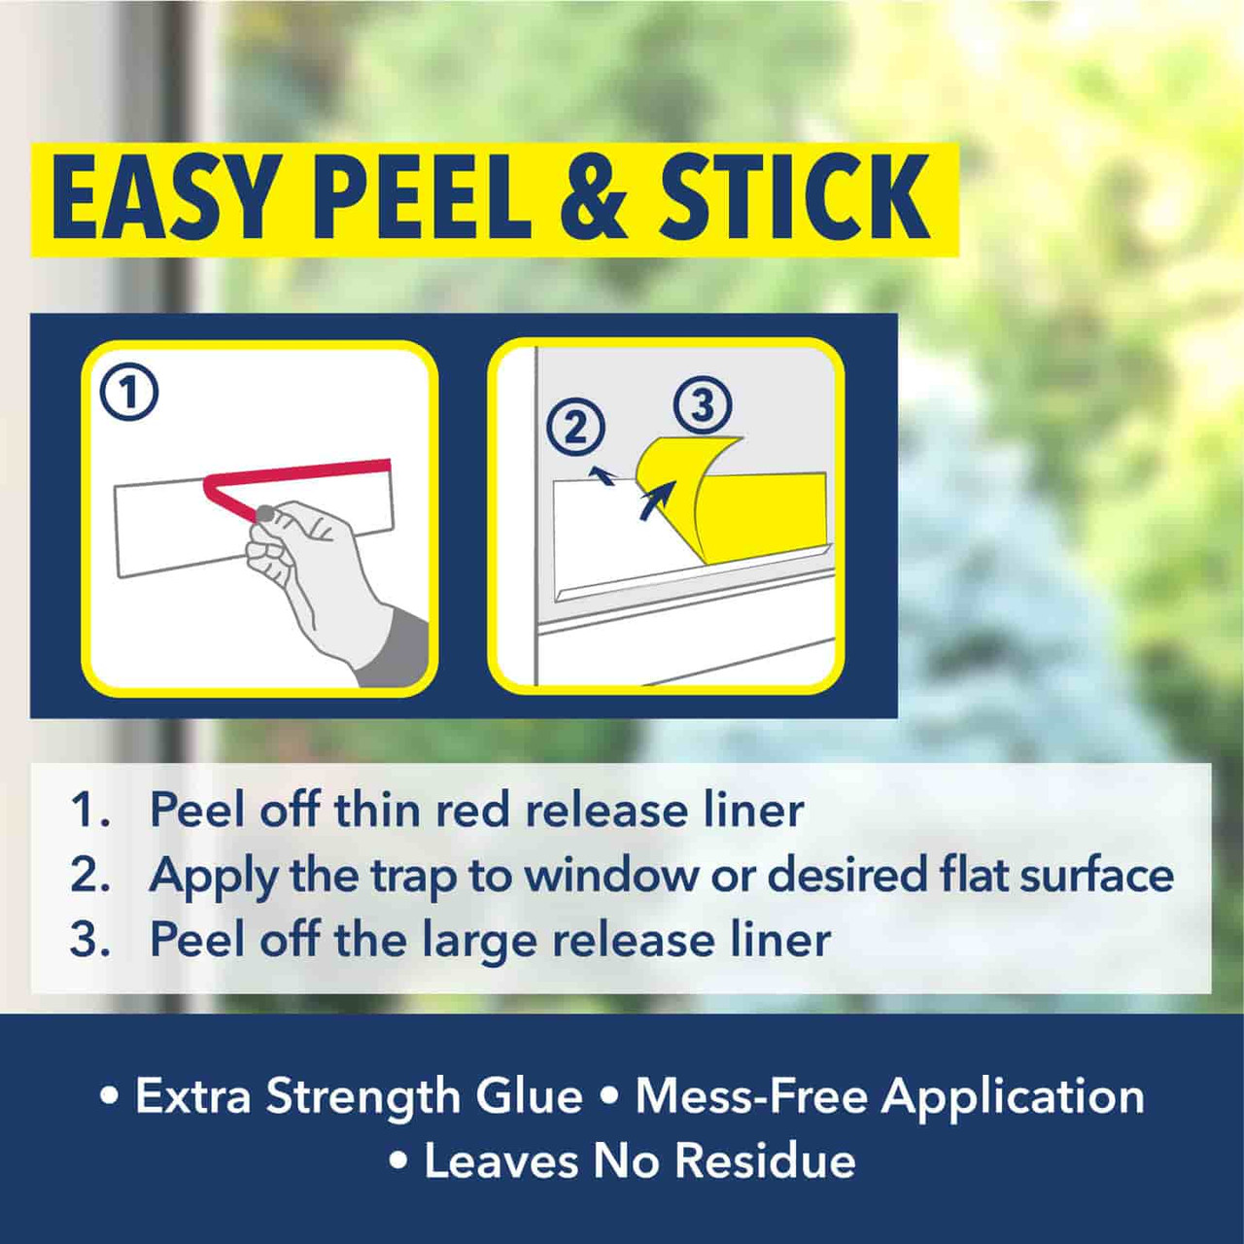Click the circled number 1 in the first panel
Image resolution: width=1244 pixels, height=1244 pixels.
coord(129,392)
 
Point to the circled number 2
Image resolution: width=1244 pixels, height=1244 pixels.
coord(575,428)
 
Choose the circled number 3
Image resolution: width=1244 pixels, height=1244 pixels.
coord(703,404)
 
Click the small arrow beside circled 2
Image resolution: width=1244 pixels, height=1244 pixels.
coord(604,475)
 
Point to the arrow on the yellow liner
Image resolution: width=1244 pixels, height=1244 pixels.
coord(657,501)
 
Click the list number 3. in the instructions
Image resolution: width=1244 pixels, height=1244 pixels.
coord(89,940)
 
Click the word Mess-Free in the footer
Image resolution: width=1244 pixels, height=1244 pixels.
coord(750,1096)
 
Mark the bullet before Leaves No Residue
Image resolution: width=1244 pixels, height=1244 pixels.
coord(398,1160)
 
